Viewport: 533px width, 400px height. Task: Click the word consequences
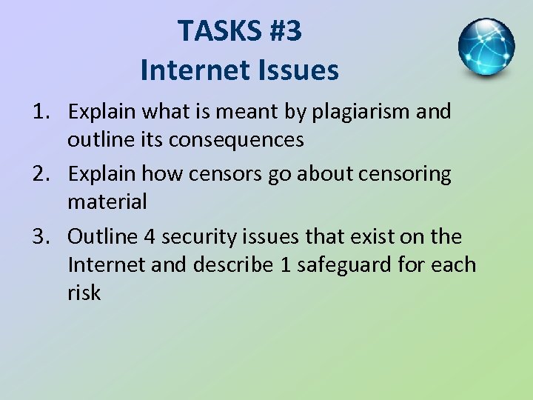[x=235, y=139]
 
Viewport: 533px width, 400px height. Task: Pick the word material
[x=107, y=201]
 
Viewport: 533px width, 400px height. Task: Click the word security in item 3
[x=198, y=237]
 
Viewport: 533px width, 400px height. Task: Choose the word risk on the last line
[x=84, y=293]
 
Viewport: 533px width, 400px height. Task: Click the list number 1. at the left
[x=41, y=112]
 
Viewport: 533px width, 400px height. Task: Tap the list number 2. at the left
[x=41, y=174]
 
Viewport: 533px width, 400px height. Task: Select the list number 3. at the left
[x=41, y=237]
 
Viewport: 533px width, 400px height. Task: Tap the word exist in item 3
[x=376, y=237]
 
